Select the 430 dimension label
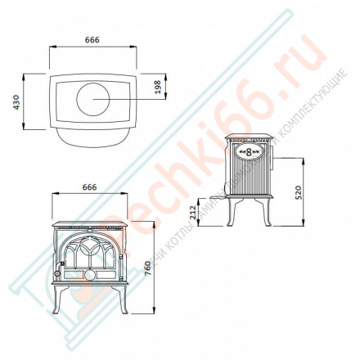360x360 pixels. [12, 101]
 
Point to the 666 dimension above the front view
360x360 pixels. [90, 187]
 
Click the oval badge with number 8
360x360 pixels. [248, 151]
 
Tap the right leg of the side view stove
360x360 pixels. [267, 215]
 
